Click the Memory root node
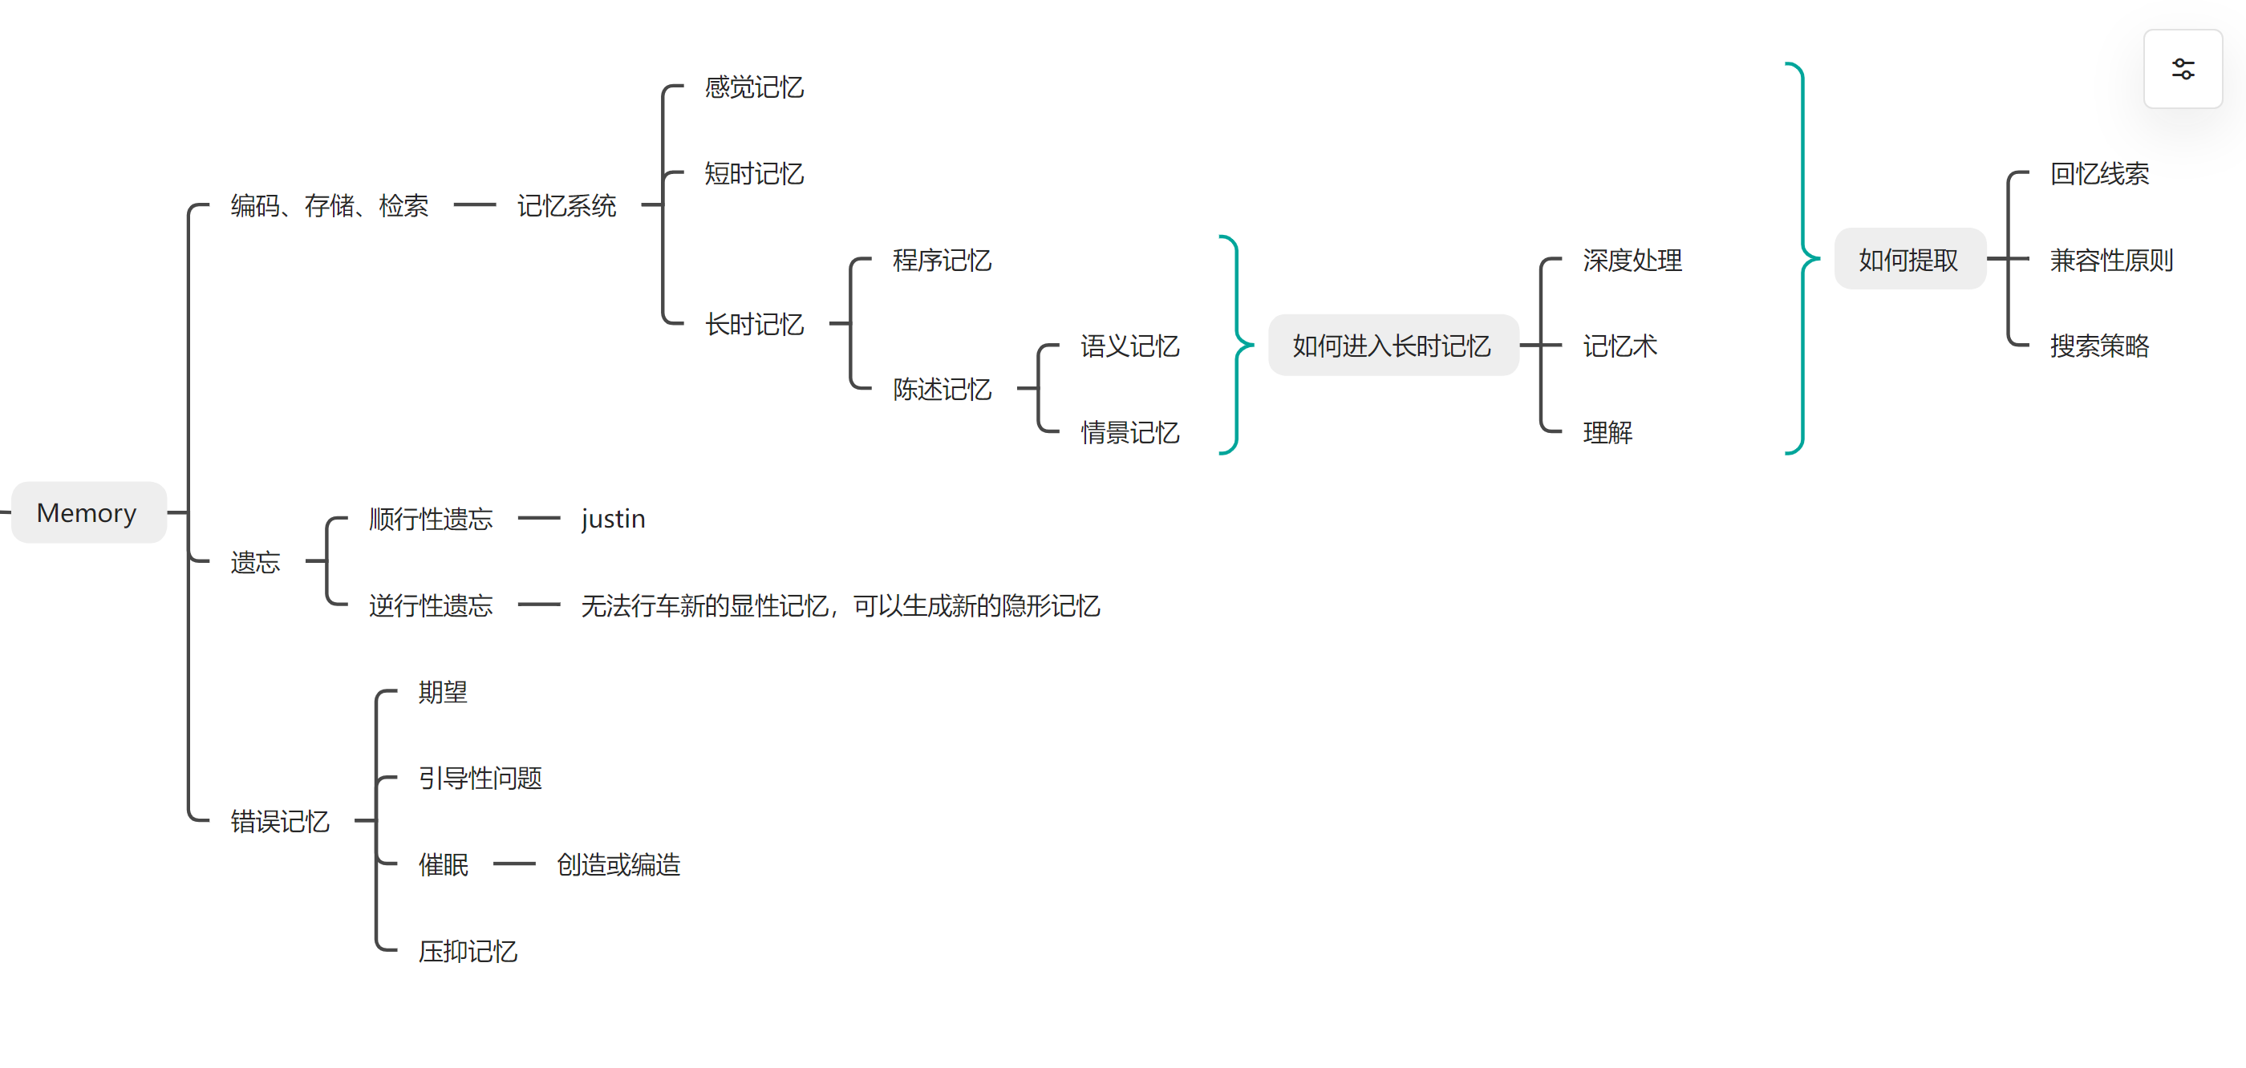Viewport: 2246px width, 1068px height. click(87, 512)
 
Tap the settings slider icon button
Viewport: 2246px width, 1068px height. click(2183, 69)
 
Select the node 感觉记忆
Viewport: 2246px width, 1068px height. click(754, 87)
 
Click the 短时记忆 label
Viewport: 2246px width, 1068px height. click(754, 173)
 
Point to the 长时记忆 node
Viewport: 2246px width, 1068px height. click(754, 324)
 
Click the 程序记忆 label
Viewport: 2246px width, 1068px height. click(942, 260)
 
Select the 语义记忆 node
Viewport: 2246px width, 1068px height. click(1130, 346)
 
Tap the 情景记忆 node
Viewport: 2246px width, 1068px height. click(1130, 432)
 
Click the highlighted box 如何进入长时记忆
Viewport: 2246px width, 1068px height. click(1393, 346)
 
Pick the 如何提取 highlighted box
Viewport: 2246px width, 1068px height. click(1908, 260)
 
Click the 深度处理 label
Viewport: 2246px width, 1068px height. click(1632, 260)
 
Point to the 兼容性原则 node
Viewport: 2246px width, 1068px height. click(2111, 260)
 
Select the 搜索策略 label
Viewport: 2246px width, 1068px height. click(2099, 346)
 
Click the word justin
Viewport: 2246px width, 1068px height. click(613, 519)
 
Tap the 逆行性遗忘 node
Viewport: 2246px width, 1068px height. click(431, 605)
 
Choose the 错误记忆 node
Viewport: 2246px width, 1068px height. click(280, 821)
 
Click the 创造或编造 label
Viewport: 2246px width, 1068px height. click(618, 865)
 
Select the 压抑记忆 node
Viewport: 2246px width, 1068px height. click(468, 951)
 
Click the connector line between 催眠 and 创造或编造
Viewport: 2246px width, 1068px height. click(514, 864)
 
